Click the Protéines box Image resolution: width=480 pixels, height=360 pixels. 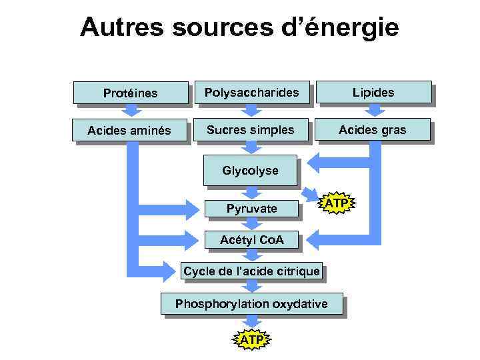tap(131, 93)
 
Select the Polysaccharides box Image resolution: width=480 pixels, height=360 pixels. tap(251, 92)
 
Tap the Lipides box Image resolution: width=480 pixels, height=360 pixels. tap(374, 92)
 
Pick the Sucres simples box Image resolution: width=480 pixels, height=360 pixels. tap(251, 130)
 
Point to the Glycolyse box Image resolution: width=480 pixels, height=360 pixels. tap(250, 171)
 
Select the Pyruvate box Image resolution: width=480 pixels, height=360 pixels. tap(251, 209)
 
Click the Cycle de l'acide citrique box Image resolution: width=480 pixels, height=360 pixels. tap(251, 271)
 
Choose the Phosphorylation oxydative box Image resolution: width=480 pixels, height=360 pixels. tap(251, 304)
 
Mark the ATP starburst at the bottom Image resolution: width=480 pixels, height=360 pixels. tap(251, 340)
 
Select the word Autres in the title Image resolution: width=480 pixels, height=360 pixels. tap(121, 27)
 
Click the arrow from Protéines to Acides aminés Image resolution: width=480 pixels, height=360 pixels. tap(131, 111)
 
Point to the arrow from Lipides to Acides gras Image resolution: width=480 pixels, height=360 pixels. tap(374, 111)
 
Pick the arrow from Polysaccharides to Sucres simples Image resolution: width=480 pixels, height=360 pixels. tap(251, 111)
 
